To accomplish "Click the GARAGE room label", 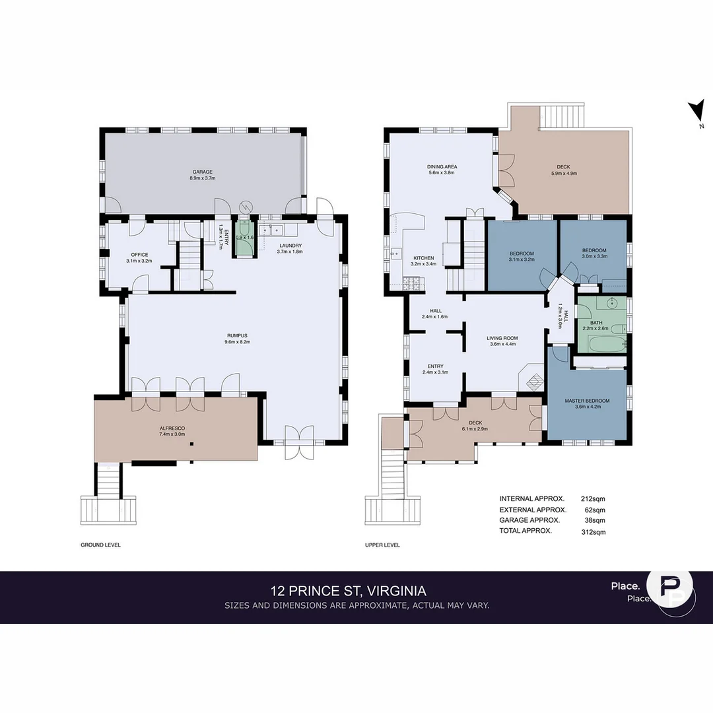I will coord(203,172).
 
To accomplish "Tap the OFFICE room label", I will coord(139,255).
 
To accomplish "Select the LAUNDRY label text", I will coord(290,246).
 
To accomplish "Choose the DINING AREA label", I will coord(442,167).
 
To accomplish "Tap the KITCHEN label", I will coord(423,258).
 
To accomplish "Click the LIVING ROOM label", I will coord(502,337).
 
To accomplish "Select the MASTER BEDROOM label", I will coord(587,401).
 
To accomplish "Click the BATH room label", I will coord(596,323).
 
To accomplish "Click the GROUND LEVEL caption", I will coord(100,545).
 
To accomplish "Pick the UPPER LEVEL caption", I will coord(382,545).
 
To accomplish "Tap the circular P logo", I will coord(669,590).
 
